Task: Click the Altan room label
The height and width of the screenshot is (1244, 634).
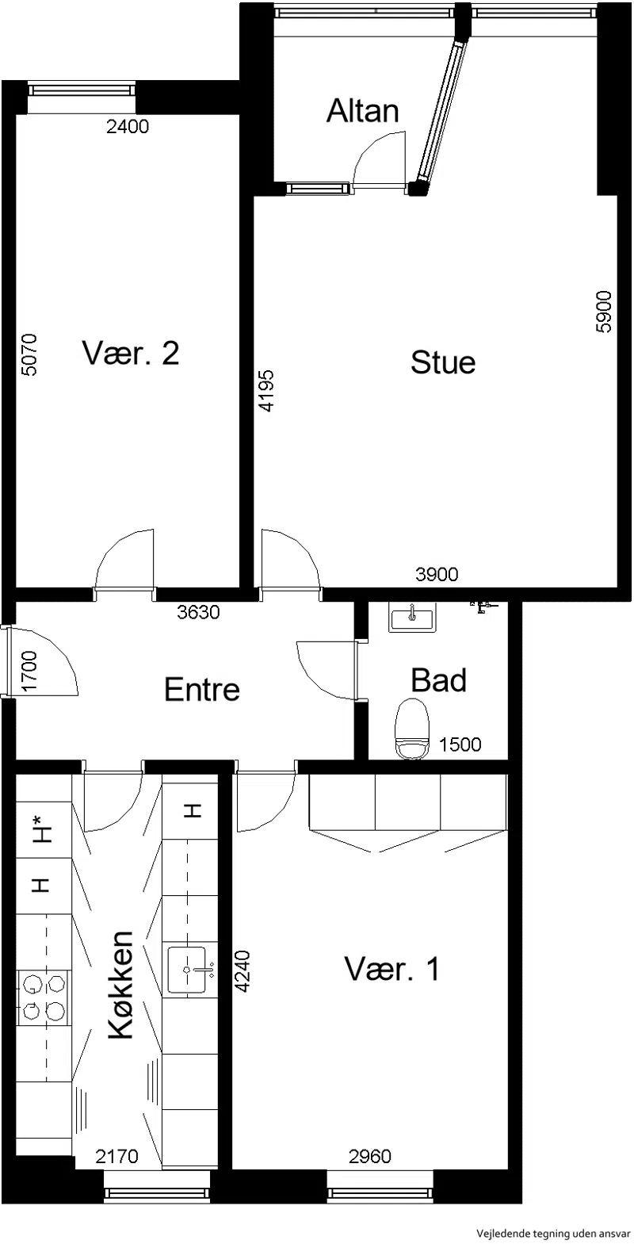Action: (362, 110)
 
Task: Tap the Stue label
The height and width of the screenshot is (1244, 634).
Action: (443, 362)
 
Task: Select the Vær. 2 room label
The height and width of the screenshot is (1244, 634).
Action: (131, 353)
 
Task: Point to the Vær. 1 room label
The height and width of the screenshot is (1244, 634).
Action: (392, 969)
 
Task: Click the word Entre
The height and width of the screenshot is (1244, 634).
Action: (202, 689)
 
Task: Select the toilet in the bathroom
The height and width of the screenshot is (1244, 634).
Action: (411, 729)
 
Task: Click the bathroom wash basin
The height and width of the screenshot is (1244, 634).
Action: (412, 617)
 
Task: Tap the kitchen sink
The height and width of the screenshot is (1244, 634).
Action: (188, 970)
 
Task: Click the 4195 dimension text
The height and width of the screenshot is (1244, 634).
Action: (266, 390)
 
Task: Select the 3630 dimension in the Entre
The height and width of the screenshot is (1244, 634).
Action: (198, 613)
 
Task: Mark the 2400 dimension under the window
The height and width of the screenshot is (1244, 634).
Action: (128, 127)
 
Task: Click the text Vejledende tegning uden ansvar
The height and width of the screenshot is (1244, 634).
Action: (550, 1234)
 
